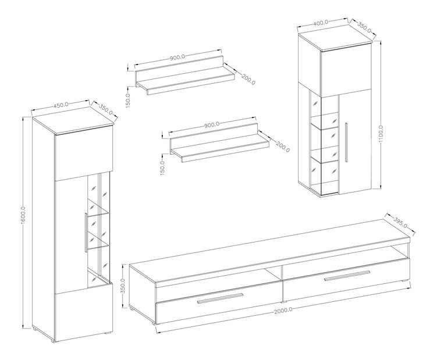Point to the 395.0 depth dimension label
(400, 222)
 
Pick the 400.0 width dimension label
(321, 23)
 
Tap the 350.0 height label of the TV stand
(124, 287)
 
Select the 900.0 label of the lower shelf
(212, 124)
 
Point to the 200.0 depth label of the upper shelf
(248, 80)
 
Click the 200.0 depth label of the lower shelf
(283, 147)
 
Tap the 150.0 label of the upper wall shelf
(128, 100)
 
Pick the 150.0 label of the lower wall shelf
(163, 167)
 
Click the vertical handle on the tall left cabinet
(86, 233)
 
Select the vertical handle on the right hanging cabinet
(346, 142)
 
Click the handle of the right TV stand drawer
(347, 275)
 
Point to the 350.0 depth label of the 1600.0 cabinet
(106, 109)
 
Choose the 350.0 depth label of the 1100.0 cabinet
(364, 27)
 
